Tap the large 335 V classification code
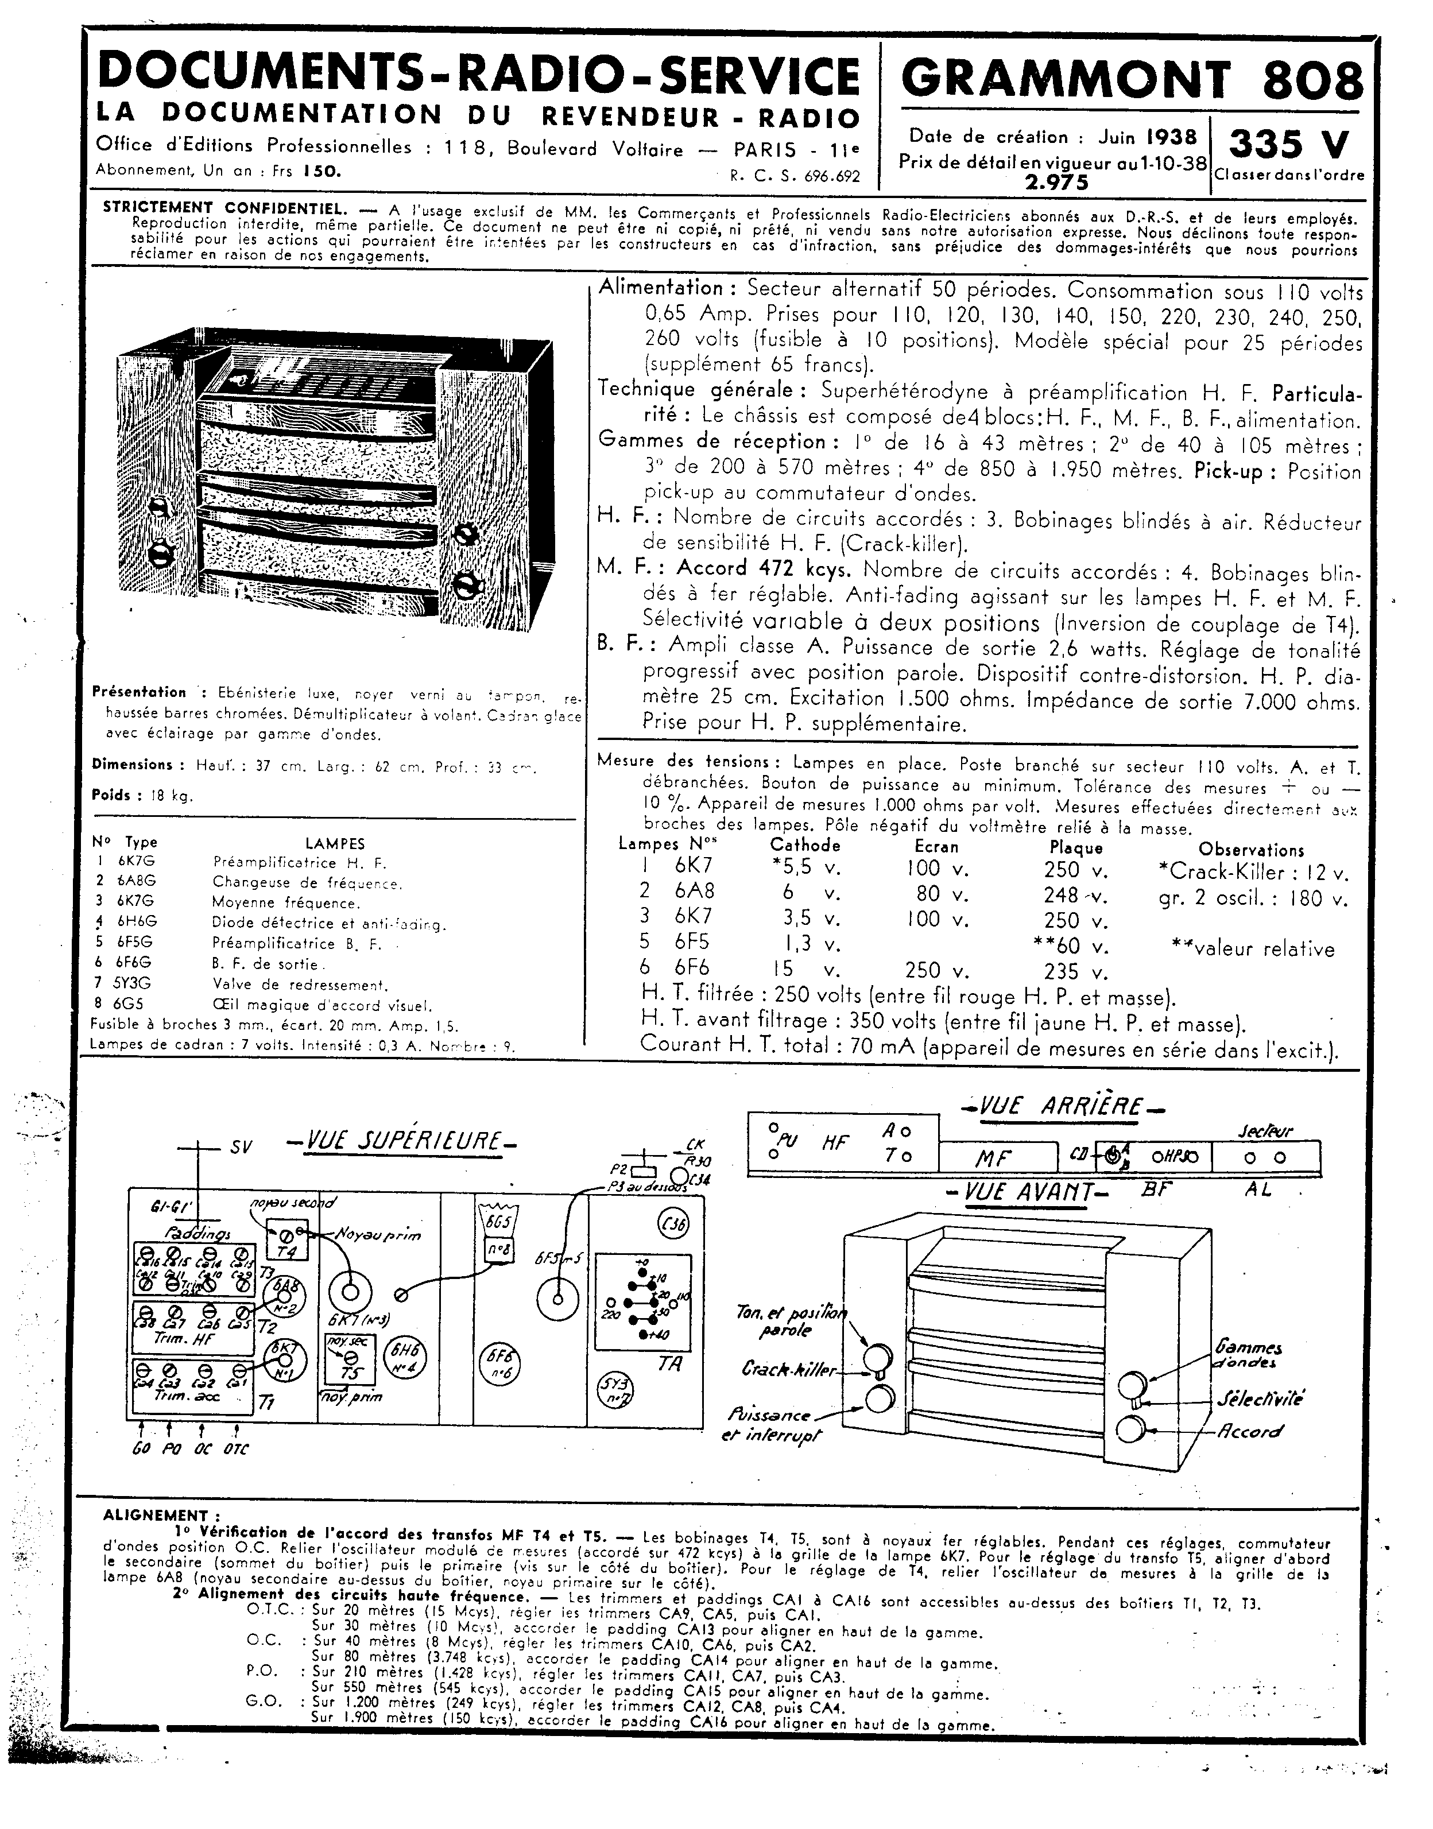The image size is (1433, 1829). (x=1289, y=144)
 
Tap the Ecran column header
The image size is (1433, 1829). (x=936, y=847)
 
